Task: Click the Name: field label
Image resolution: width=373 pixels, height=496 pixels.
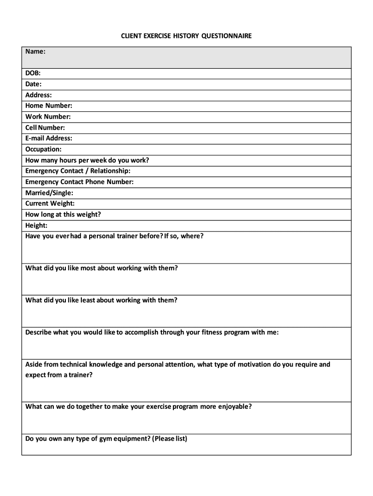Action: point(36,51)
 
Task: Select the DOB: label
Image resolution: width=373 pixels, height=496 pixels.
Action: point(33,73)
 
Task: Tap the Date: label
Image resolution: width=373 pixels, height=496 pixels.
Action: point(34,84)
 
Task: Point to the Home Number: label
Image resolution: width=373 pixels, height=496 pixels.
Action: point(49,106)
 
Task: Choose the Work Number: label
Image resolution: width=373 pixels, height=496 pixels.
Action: point(48,117)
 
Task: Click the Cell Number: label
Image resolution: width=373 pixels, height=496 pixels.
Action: point(45,128)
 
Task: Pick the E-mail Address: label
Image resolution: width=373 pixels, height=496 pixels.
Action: point(49,139)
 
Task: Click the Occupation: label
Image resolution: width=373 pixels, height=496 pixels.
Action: point(44,150)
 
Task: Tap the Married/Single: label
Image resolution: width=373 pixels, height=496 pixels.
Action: point(49,193)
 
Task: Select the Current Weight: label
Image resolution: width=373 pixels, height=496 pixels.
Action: point(50,204)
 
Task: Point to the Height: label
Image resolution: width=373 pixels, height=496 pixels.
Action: point(36,226)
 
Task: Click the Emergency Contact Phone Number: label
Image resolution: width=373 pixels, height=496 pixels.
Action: point(79,182)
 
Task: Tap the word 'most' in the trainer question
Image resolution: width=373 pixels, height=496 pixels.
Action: point(86,268)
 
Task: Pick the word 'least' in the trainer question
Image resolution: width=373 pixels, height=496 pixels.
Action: point(86,300)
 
